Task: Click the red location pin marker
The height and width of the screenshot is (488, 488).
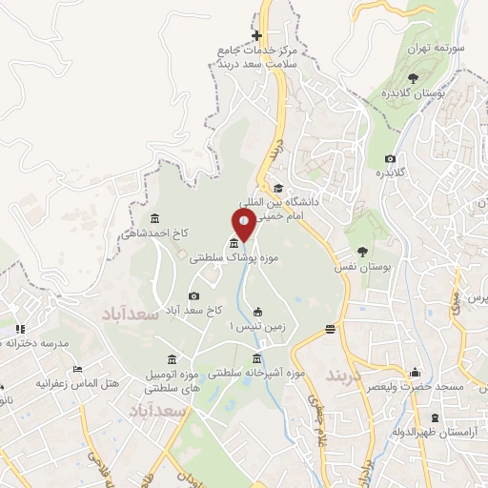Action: (x=244, y=226)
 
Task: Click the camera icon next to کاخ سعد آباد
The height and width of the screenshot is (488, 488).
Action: (x=194, y=295)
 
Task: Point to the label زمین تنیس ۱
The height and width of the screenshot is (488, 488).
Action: (x=252, y=326)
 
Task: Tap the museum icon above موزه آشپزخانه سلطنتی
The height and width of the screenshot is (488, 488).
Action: (x=257, y=358)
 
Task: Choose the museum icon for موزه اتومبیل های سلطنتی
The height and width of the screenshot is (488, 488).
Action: (x=171, y=358)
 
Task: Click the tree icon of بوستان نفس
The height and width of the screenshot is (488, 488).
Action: (x=364, y=252)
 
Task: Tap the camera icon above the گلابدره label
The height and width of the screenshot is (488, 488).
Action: (x=390, y=158)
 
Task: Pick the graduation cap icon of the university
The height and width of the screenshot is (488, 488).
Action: (x=278, y=188)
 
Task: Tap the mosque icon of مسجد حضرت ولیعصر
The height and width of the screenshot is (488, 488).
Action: (x=413, y=373)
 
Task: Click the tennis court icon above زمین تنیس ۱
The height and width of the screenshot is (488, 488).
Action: (x=258, y=311)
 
